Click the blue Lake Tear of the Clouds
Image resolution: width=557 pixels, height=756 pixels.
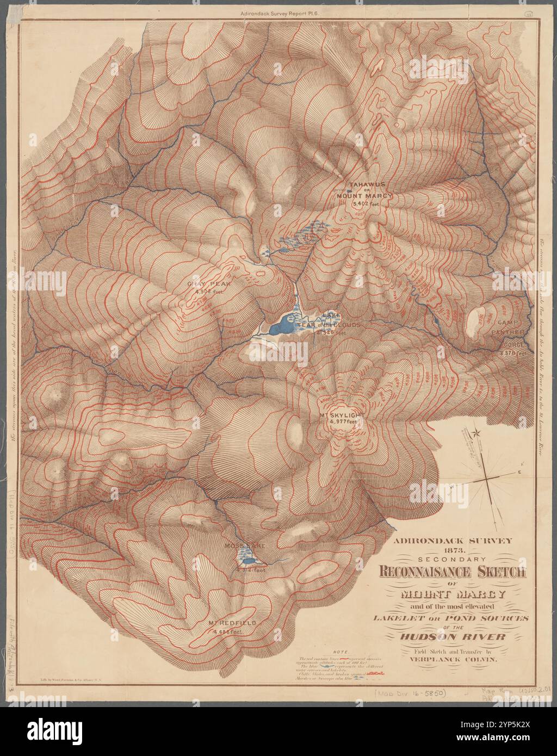(283, 326)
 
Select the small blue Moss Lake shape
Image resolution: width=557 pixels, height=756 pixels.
(248, 561)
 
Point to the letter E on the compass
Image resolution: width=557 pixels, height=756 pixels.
(519, 473)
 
